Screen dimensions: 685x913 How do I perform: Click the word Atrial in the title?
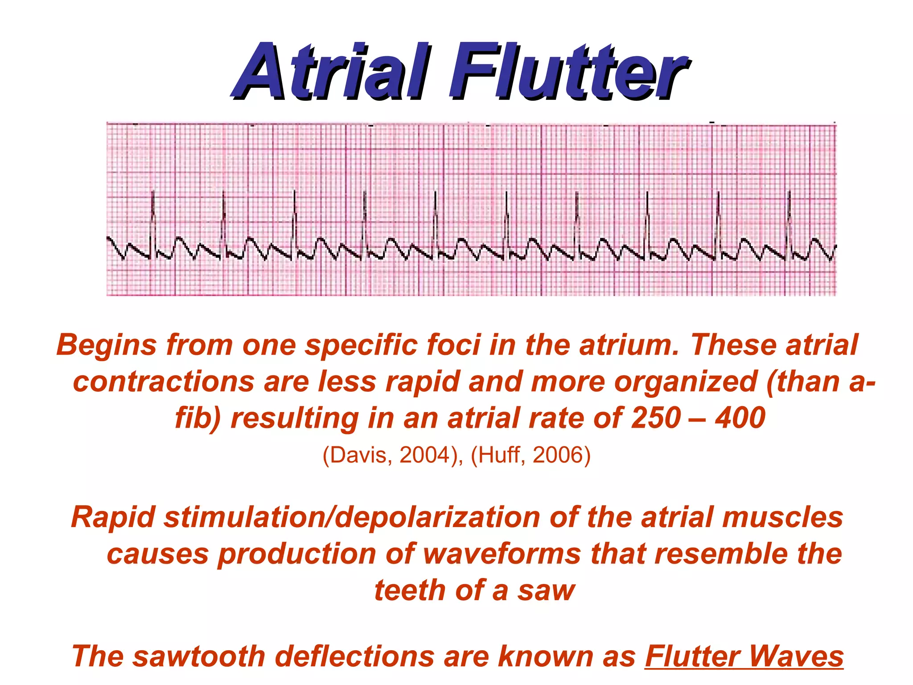[x=332, y=71]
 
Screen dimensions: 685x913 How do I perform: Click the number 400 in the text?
[x=740, y=418]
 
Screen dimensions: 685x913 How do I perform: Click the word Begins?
[x=107, y=345]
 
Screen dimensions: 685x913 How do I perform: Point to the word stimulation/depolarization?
[x=352, y=518]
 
